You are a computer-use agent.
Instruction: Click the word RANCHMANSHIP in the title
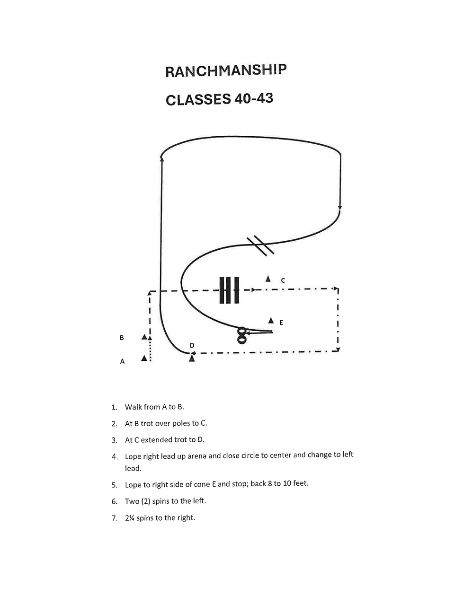(x=226, y=70)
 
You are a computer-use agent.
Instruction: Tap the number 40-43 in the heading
(x=253, y=99)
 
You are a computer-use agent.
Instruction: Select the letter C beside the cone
(x=283, y=280)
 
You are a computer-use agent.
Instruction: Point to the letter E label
(x=281, y=323)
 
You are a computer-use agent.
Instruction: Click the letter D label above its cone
(x=192, y=345)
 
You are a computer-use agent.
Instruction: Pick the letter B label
(x=122, y=338)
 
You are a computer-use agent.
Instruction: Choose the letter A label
(x=122, y=361)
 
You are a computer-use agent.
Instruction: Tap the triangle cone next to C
(x=268, y=279)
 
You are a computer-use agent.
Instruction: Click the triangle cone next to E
(x=271, y=320)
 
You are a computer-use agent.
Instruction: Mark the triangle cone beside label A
(x=144, y=359)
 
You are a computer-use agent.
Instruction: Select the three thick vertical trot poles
(x=229, y=289)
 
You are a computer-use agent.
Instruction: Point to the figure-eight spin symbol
(x=242, y=335)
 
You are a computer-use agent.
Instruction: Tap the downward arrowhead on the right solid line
(x=340, y=208)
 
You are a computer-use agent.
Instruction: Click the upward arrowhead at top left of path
(x=162, y=159)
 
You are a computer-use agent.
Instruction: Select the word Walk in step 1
(x=133, y=407)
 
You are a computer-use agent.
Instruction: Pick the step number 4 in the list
(x=115, y=456)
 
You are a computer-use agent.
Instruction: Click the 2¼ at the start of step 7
(x=130, y=517)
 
